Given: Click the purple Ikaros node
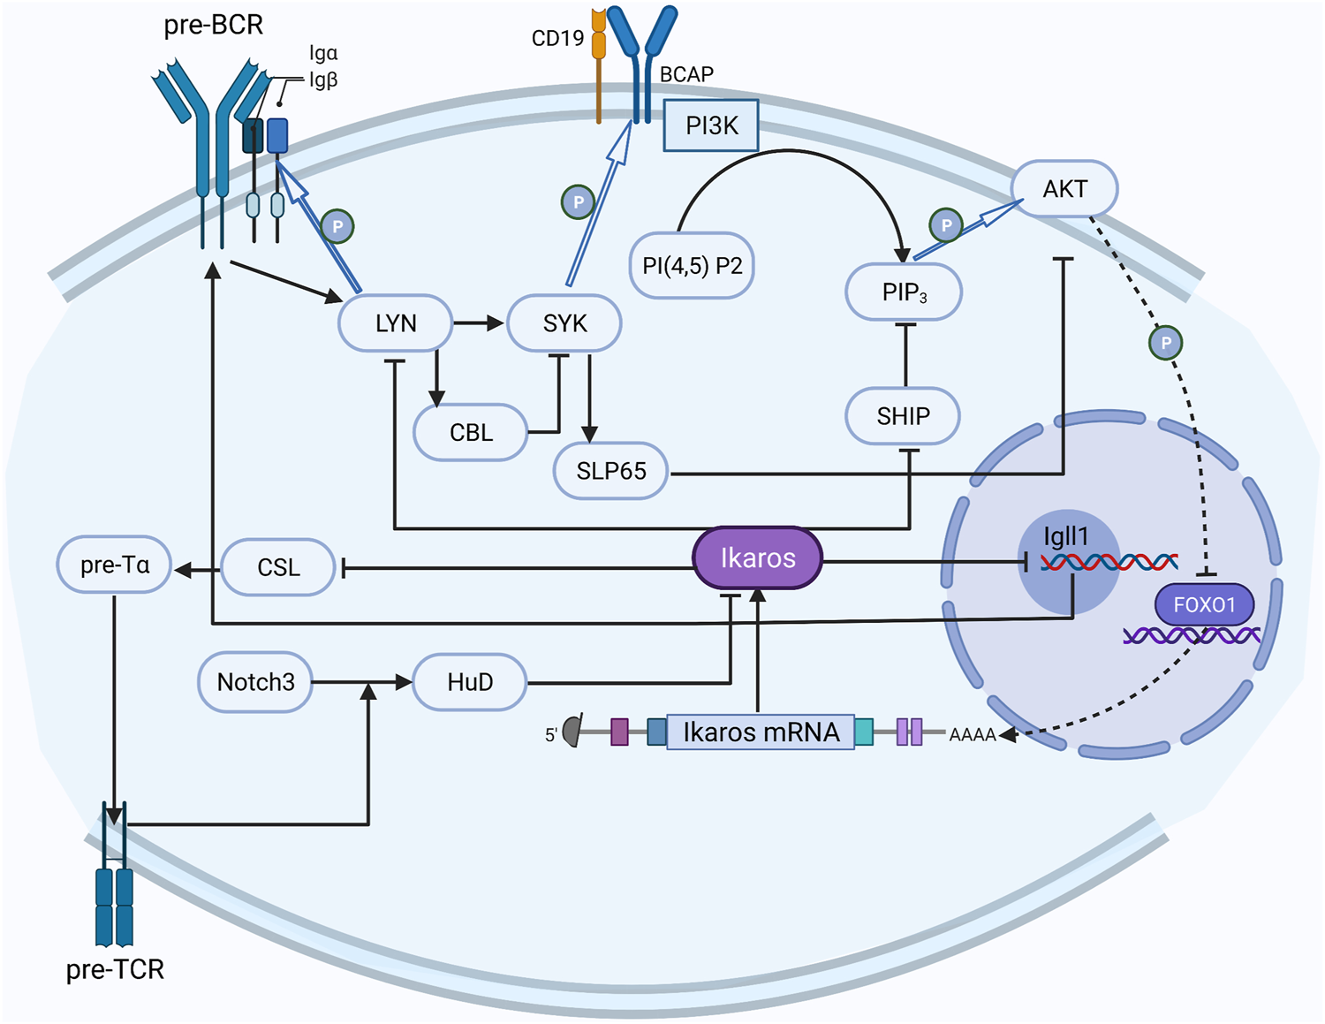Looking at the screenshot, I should [x=758, y=558].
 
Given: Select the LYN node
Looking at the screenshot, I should [x=396, y=323].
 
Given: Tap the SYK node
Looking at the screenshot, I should [x=564, y=323].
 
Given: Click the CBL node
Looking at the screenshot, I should [x=471, y=433].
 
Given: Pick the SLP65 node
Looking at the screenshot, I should [x=610, y=471].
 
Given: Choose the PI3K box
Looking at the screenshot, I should [x=711, y=126].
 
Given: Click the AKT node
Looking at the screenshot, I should [x=1064, y=189].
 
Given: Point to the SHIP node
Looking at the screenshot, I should [x=903, y=416].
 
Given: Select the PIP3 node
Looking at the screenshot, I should [x=904, y=292].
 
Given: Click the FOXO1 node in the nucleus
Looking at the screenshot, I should [x=1204, y=605].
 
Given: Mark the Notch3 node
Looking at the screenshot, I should [x=255, y=682].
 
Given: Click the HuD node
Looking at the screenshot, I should [x=470, y=682].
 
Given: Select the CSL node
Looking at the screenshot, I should [x=278, y=567].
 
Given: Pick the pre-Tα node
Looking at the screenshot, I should [x=114, y=565].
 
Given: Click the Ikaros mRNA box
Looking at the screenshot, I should [x=761, y=732].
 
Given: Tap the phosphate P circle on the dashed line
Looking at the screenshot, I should [x=1165, y=343].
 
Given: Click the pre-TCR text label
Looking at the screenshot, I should [x=115, y=969].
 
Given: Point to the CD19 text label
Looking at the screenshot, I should [x=557, y=38].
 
